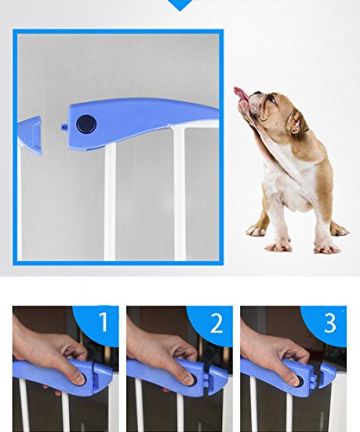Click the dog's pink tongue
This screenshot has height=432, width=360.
point(240,93)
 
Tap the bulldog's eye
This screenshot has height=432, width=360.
point(272,98)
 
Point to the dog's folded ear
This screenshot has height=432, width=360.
point(300,122)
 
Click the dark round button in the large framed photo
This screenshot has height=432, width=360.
point(86,124)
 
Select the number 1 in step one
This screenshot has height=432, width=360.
point(104,321)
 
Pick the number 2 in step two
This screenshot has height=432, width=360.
point(216,323)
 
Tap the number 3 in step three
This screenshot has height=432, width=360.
point(330,322)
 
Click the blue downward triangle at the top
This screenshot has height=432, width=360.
point(180,5)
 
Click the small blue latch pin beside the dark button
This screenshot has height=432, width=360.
point(64,127)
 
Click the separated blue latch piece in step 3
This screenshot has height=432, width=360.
point(327,375)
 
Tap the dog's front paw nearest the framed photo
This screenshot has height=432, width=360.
point(256,231)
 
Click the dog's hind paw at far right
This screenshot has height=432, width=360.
point(339,230)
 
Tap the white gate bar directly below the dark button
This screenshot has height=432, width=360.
point(110,201)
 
